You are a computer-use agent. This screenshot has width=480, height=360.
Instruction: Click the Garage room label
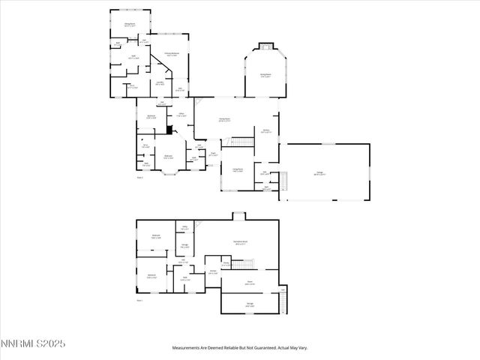pos(319,173)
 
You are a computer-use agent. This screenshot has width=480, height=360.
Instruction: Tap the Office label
pos(181,115)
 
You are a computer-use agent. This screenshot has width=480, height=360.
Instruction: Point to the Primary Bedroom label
pos(172,54)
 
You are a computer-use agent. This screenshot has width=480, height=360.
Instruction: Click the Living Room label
pos(235,170)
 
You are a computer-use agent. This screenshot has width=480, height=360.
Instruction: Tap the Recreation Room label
pos(241,242)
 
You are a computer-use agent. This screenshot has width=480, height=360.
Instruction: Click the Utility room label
pos(184,228)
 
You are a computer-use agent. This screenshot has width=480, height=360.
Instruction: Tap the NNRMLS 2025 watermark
pos(34,344)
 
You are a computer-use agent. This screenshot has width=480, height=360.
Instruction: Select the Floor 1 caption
pos(139,300)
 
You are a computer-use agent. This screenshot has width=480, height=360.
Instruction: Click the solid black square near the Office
pos(170,129)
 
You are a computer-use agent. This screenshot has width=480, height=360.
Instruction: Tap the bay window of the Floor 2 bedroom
pos(166,172)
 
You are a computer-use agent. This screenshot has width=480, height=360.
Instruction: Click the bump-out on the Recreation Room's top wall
pos(238,217)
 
